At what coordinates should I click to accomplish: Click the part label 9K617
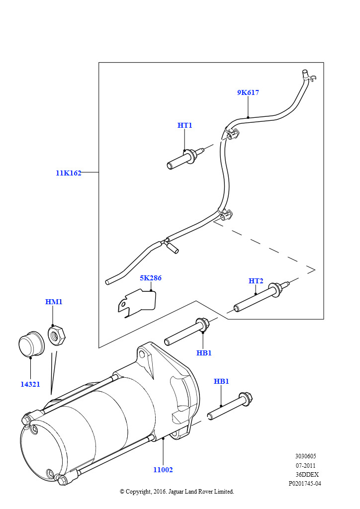(x=248, y=92)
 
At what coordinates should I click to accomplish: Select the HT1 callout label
(x=184, y=125)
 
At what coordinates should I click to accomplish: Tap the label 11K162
(x=68, y=173)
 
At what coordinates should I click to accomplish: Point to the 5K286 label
(x=150, y=278)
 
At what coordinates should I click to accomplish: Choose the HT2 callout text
(x=256, y=281)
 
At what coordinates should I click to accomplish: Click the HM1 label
(x=54, y=302)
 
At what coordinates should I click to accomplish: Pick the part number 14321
(x=30, y=384)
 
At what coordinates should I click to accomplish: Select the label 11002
(x=163, y=470)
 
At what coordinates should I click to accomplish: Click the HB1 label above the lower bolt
(x=221, y=381)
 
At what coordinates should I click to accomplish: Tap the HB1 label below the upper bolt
(x=204, y=353)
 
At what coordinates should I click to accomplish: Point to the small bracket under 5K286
(x=137, y=302)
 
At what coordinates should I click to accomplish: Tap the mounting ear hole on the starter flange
(x=143, y=353)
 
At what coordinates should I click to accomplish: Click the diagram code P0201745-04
(x=305, y=483)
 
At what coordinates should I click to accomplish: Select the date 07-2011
(x=305, y=465)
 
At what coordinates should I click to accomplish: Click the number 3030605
(x=305, y=456)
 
